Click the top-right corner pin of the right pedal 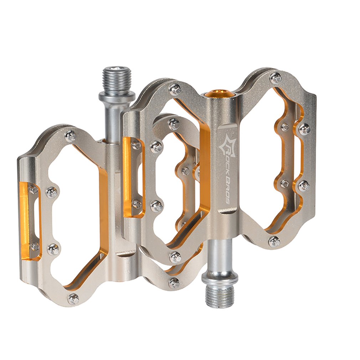[276, 78]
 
